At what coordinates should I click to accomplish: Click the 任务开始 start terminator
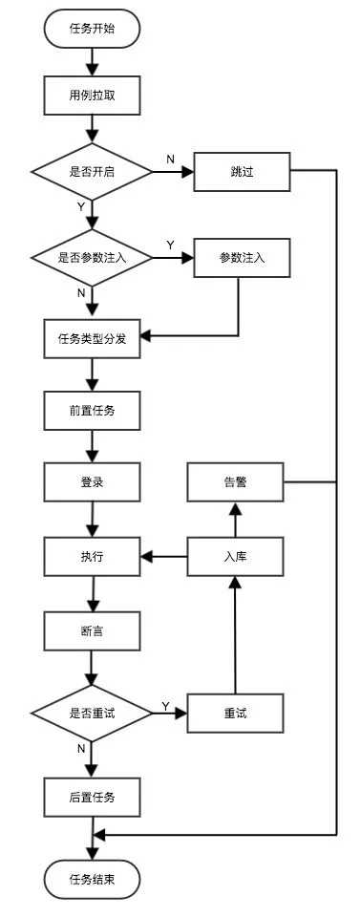coord(92,29)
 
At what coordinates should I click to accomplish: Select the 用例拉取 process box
coord(92,96)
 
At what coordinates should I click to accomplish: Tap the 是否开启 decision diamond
coord(92,173)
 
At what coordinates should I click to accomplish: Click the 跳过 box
coord(241,173)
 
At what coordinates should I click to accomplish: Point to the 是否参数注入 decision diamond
coord(92,258)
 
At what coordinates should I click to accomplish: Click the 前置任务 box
coord(92,412)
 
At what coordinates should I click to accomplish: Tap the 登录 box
coord(92,483)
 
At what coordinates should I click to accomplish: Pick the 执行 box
coord(92,556)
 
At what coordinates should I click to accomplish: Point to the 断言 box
coord(92,631)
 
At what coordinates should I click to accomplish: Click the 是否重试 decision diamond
coord(92,713)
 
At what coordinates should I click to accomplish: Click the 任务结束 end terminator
coord(92,878)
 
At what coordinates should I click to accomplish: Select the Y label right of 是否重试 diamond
coord(165,706)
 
